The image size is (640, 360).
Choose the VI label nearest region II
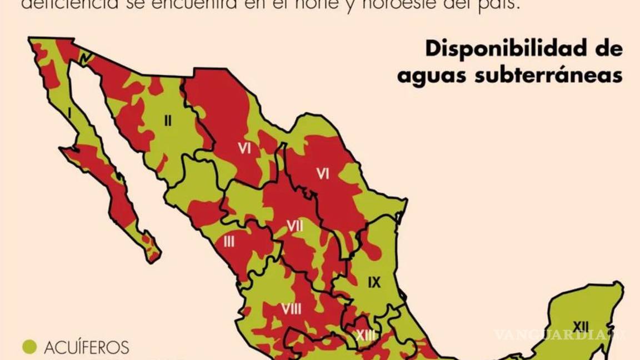pos(244,148)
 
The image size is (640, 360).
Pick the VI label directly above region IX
pos(323,174)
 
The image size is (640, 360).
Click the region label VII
pos(295,226)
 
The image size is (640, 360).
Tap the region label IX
pos(374,282)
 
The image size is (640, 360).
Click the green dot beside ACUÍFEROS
pos(29,347)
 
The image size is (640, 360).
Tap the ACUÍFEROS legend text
pos(86,348)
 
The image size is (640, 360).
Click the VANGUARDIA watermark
pos(558,334)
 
